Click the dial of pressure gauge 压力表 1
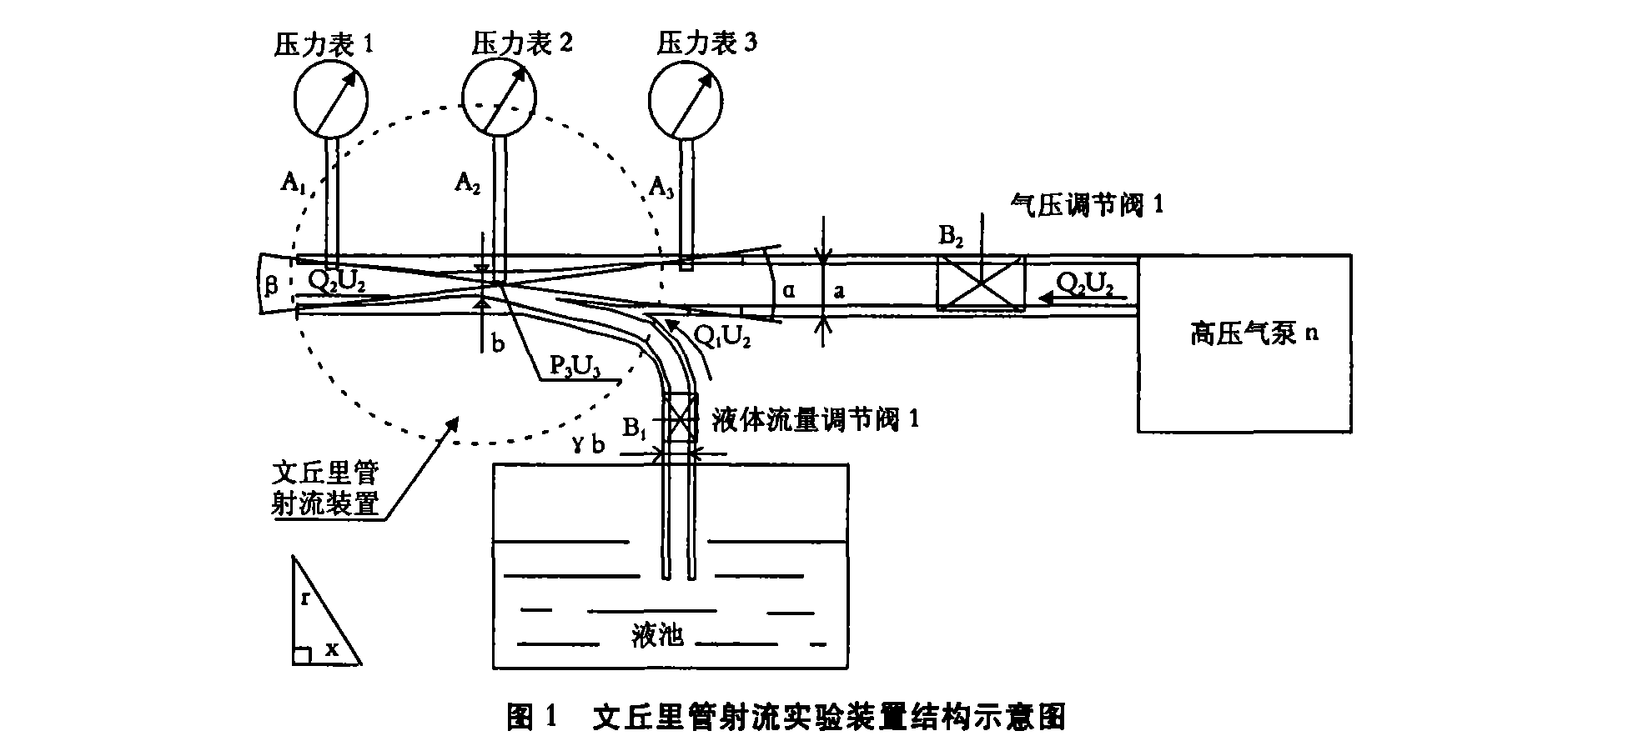pos(331,99)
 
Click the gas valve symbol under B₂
pos(980,283)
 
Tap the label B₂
pos(952,238)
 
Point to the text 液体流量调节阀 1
pos(816,418)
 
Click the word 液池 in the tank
pos(658,636)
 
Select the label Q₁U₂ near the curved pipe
pos(722,337)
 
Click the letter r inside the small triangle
pos(306,598)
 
